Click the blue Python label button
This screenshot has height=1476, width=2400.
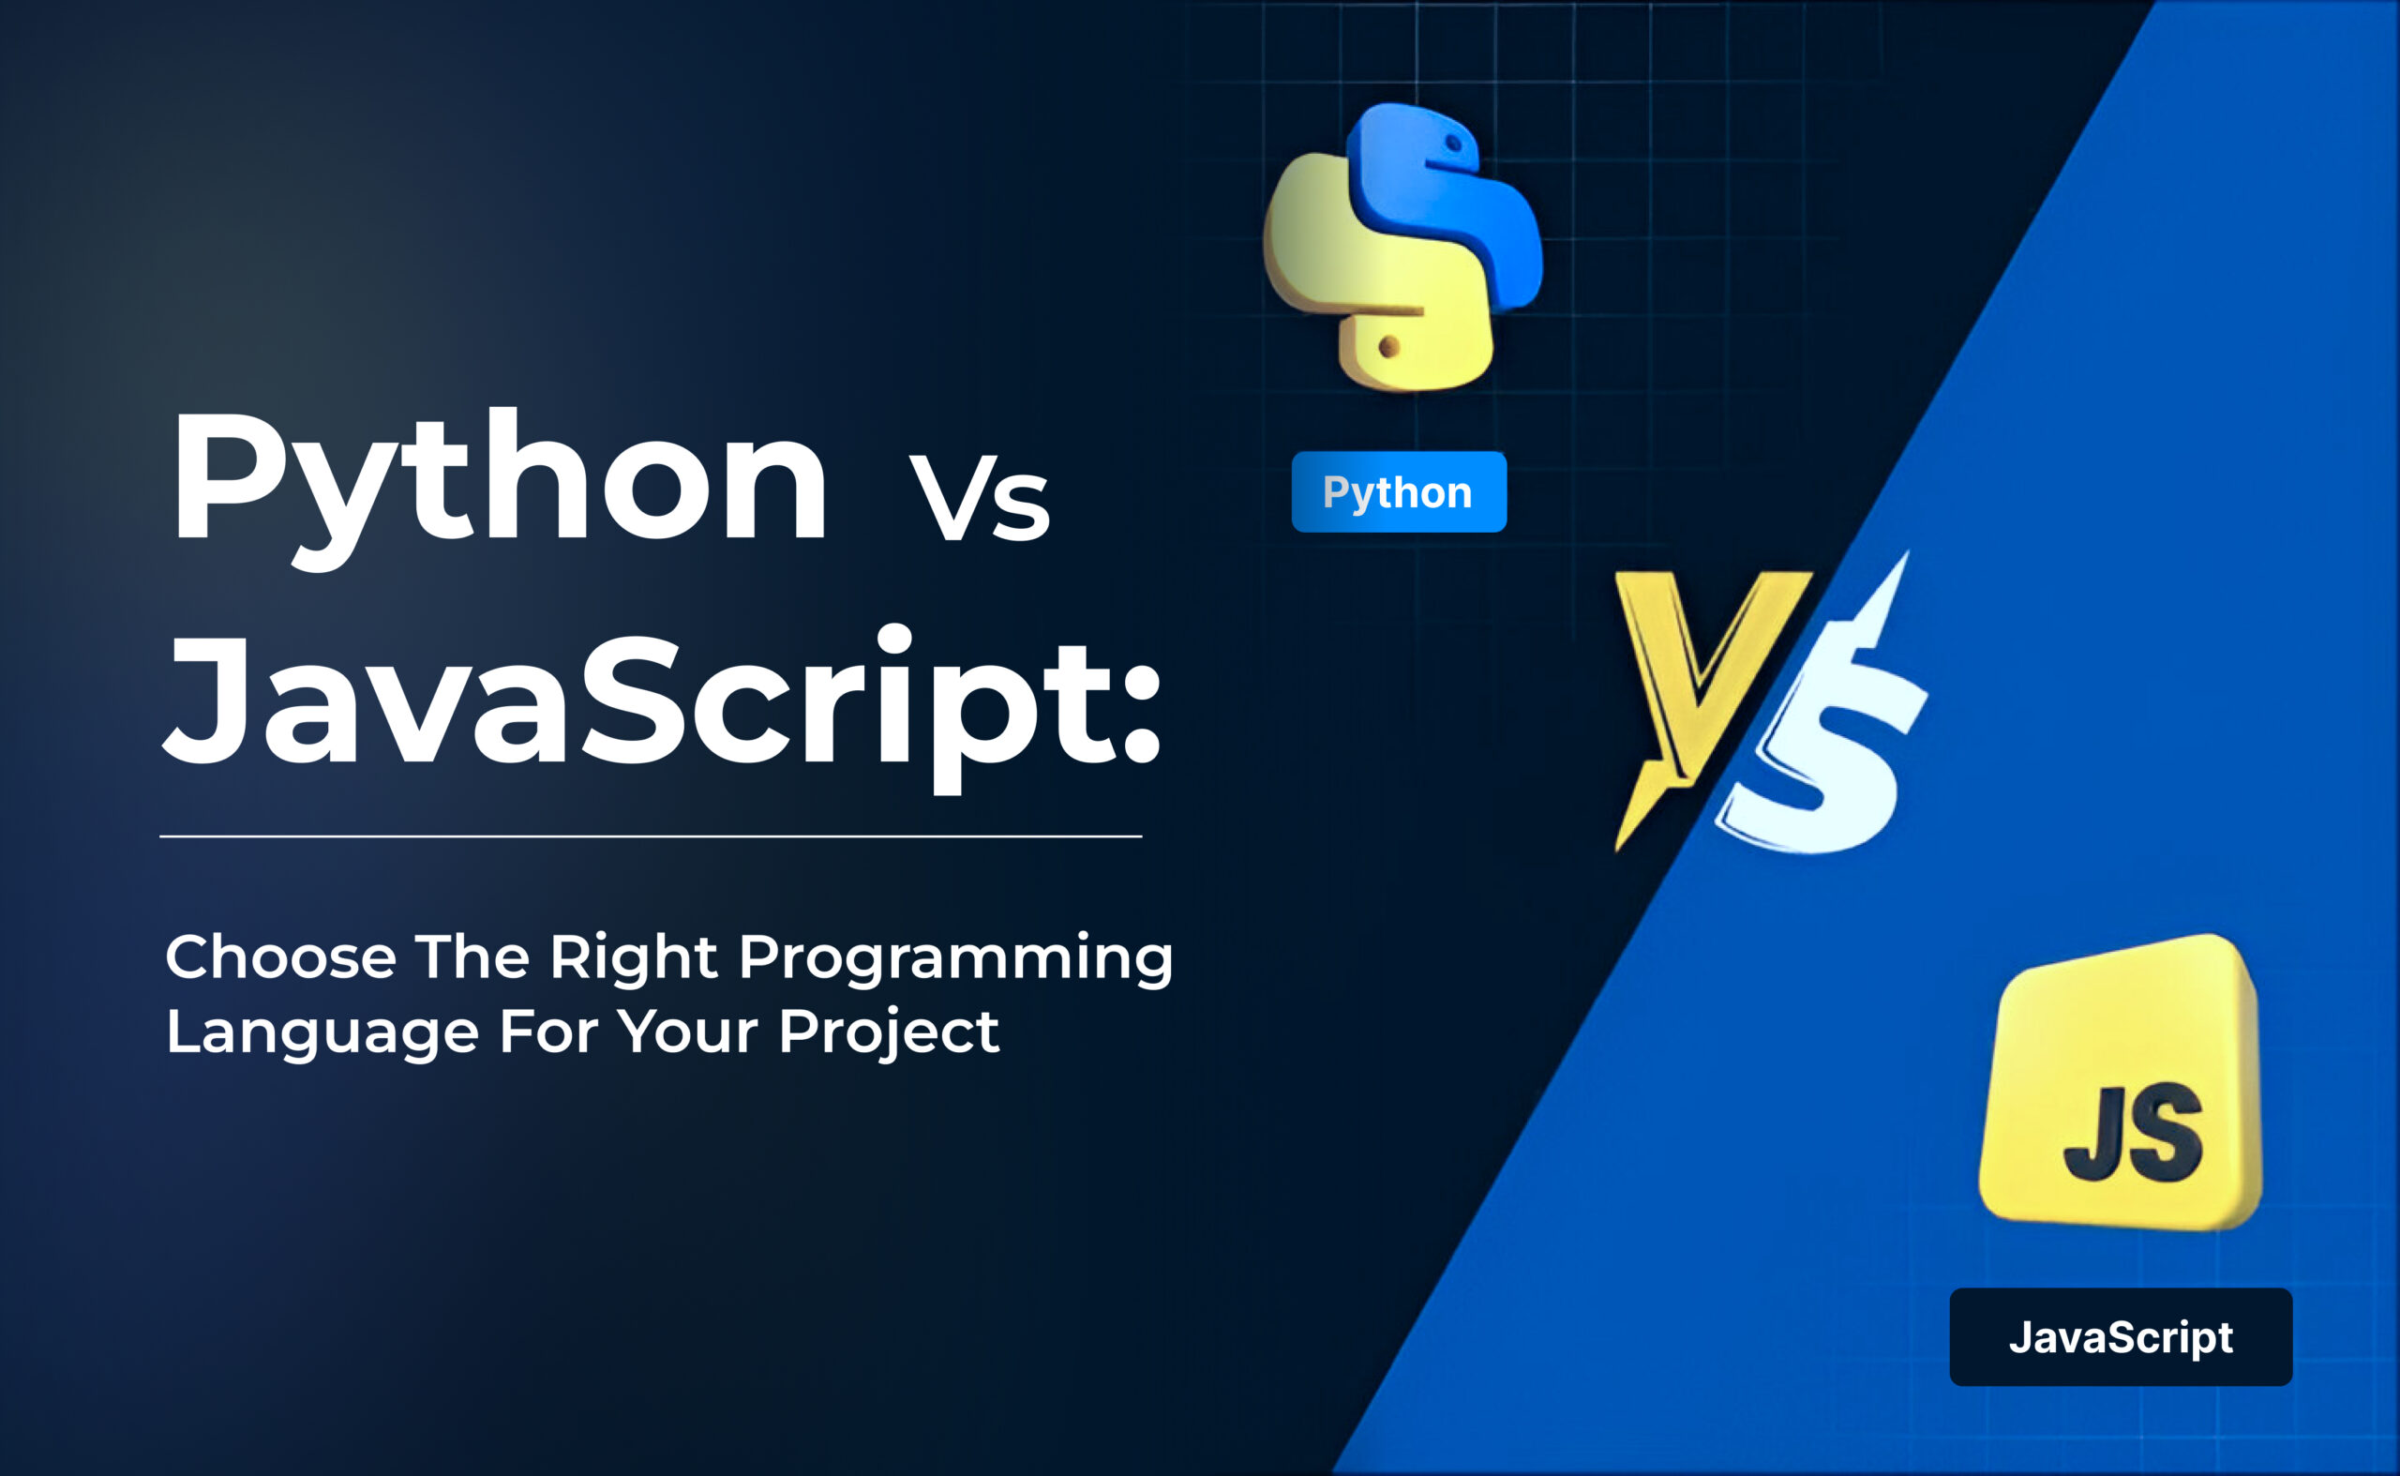pyautogui.click(x=1398, y=492)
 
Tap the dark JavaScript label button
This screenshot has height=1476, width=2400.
pyautogui.click(x=2120, y=1336)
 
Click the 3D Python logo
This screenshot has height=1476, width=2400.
pyautogui.click(x=1402, y=249)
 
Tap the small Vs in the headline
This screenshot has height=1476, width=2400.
pyautogui.click(x=979, y=500)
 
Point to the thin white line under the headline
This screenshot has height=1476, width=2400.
pyautogui.click(x=650, y=836)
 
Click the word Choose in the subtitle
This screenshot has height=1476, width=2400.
pyautogui.click(x=281, y=956)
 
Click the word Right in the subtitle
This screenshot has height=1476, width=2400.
pyautogui.click(x=634, y=958)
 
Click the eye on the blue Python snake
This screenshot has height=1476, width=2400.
pyautogui.click(x=1453, y=144)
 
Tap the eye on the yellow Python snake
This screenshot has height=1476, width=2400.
pyautogui.click(x=1388, y=346)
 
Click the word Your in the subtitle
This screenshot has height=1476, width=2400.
pyautogui.click(x=688, y=1032)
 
